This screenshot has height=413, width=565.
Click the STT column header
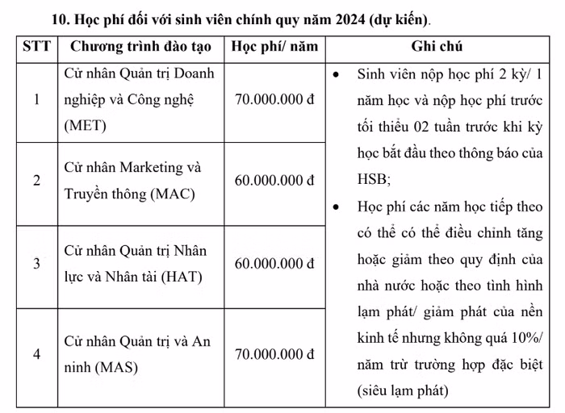(36, 47)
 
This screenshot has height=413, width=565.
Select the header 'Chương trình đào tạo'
(140, 47)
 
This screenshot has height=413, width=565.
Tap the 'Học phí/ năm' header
(274, 47)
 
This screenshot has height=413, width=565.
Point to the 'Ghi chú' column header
(437, 47)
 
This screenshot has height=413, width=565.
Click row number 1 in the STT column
(36, 100)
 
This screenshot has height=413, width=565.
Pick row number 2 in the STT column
(36, 181)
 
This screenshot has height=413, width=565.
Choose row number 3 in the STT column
(36, 264)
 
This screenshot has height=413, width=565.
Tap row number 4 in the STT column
(36, 354)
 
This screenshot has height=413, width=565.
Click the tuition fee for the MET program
(274, 100)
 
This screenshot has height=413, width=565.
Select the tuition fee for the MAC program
(274, 181)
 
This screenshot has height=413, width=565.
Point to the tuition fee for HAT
(274, 264)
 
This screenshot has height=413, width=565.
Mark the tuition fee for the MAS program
(274, 354)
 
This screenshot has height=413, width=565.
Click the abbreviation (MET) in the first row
(85, 126)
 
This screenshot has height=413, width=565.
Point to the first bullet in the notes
(337, 74)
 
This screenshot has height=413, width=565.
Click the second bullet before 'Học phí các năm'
(337, 206)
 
